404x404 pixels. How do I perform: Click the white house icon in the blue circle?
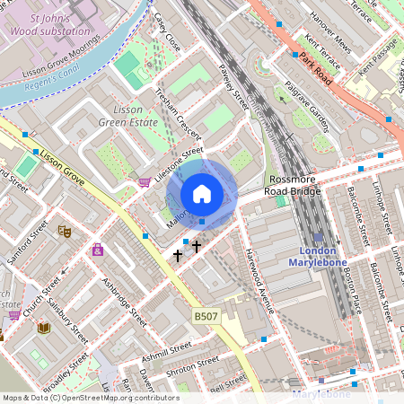coord(202,194)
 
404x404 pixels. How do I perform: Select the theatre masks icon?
coord(64,231)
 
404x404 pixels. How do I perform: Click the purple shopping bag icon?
coord(97,249)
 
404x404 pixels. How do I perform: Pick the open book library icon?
coord(43,328)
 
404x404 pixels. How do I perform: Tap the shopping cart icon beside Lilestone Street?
coord(144,182)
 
